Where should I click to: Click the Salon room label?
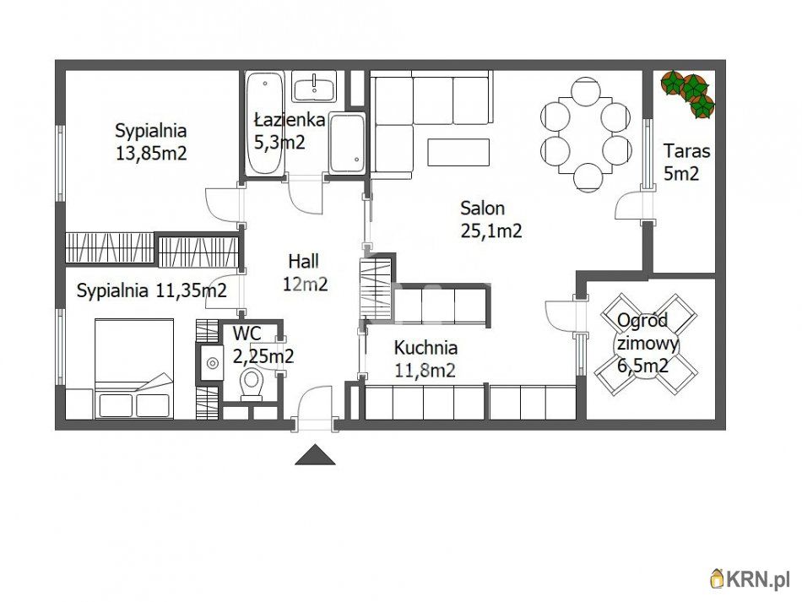pos(482,209)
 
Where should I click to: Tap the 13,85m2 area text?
pos(151,153)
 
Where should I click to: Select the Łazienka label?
pos(290,120)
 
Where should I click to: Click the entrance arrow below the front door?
pos(315,455)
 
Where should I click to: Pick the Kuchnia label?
pos(425,348)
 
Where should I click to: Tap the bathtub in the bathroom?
pos(264,124)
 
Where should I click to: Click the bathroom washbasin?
pos(314,86)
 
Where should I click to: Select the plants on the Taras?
pos(688,94)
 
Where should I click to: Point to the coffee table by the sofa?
pos(458,152)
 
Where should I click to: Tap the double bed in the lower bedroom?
pos(134,368)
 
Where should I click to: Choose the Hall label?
pos(303,262)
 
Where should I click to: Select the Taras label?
pos(687,151)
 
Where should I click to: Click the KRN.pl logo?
pos(750,579)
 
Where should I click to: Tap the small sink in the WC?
pos(211,362)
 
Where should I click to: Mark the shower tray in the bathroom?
pos(347,144)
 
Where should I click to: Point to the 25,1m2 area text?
pos(491,231)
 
